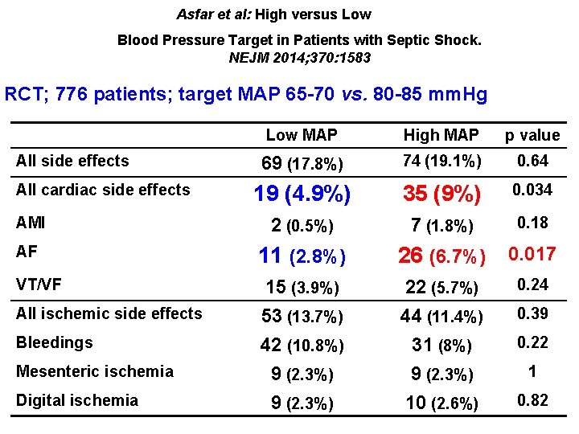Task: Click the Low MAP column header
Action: (x=302, y=135)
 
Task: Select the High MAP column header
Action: (x=441, y=135)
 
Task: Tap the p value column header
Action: (x=532, y=135)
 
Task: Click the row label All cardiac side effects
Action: (x=103, y=190)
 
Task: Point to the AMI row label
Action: (x=31, y=221)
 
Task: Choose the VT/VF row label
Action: (x=39, y=284)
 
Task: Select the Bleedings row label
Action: (x=55, y=342)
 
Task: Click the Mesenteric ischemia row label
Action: (x=95, y=371)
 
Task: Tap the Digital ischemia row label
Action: (x=77, y=400)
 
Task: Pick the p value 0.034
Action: (x=532, y=191)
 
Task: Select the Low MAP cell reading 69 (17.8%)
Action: (x=302, y=163)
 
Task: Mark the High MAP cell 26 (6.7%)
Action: (x=441, y=256)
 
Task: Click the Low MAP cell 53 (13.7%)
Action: (x=302, y=317)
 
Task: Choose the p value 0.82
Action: (x=532, y=401)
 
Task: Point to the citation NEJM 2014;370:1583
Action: (x=300, y=58)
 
